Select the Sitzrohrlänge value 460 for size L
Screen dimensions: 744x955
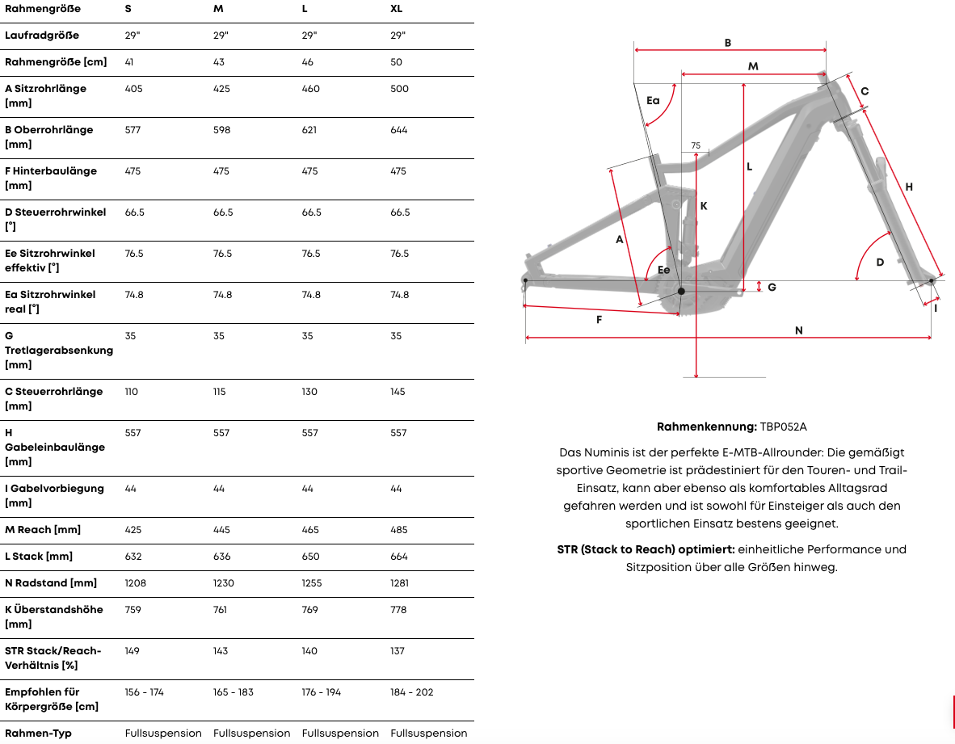click(310, 89)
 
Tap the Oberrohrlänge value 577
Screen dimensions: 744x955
click(133, 130)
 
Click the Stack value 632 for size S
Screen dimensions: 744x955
click(133, 557)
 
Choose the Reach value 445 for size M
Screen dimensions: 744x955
click(222, 530)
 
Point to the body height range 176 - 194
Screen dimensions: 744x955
click(320, 692)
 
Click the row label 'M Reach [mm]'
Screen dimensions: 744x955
click(43, 530)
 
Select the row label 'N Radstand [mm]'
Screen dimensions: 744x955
click(51, 583)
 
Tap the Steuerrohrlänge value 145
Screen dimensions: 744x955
click(399, 392)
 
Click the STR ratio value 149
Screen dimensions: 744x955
click(133, 651)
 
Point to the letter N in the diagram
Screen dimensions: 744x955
click(798, 330)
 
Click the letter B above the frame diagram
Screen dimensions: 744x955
click(728, 43)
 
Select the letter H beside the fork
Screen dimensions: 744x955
click(909, 187)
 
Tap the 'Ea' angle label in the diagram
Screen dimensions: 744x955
click(653, 101)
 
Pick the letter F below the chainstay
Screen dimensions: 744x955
click(599, 320)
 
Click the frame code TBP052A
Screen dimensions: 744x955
click(784, 427)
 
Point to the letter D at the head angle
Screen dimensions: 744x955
click(880, 263)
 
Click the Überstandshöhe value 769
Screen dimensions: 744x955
click(310, 610)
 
